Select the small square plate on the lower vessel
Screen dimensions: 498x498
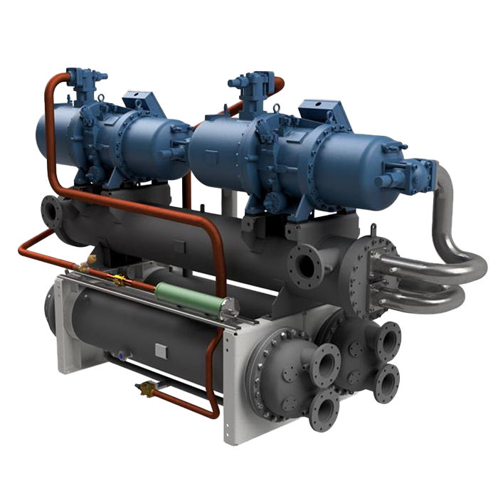pyautogui.click(x=161, y=349)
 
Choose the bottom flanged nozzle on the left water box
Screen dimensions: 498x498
pyautogui.click(x=324, y=409)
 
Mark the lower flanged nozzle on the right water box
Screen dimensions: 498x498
pyautogui.click(x=387, y=383)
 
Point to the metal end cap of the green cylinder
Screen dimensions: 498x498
pyautogui.click(x=228, y=307)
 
